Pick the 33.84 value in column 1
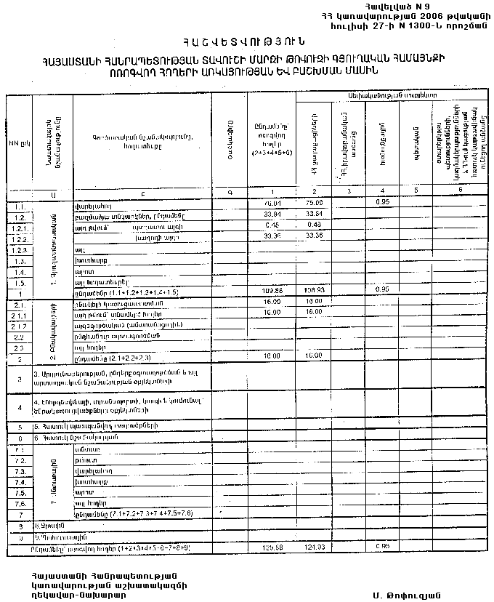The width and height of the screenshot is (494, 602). [x=272, y=214]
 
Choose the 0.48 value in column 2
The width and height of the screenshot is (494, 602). [x=314, y=225]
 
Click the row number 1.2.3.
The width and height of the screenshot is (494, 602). [x=20, y=249]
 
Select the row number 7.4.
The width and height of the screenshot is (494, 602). [x=20, y=482]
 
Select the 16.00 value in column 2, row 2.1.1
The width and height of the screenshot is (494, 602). [x=314, y=311]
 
